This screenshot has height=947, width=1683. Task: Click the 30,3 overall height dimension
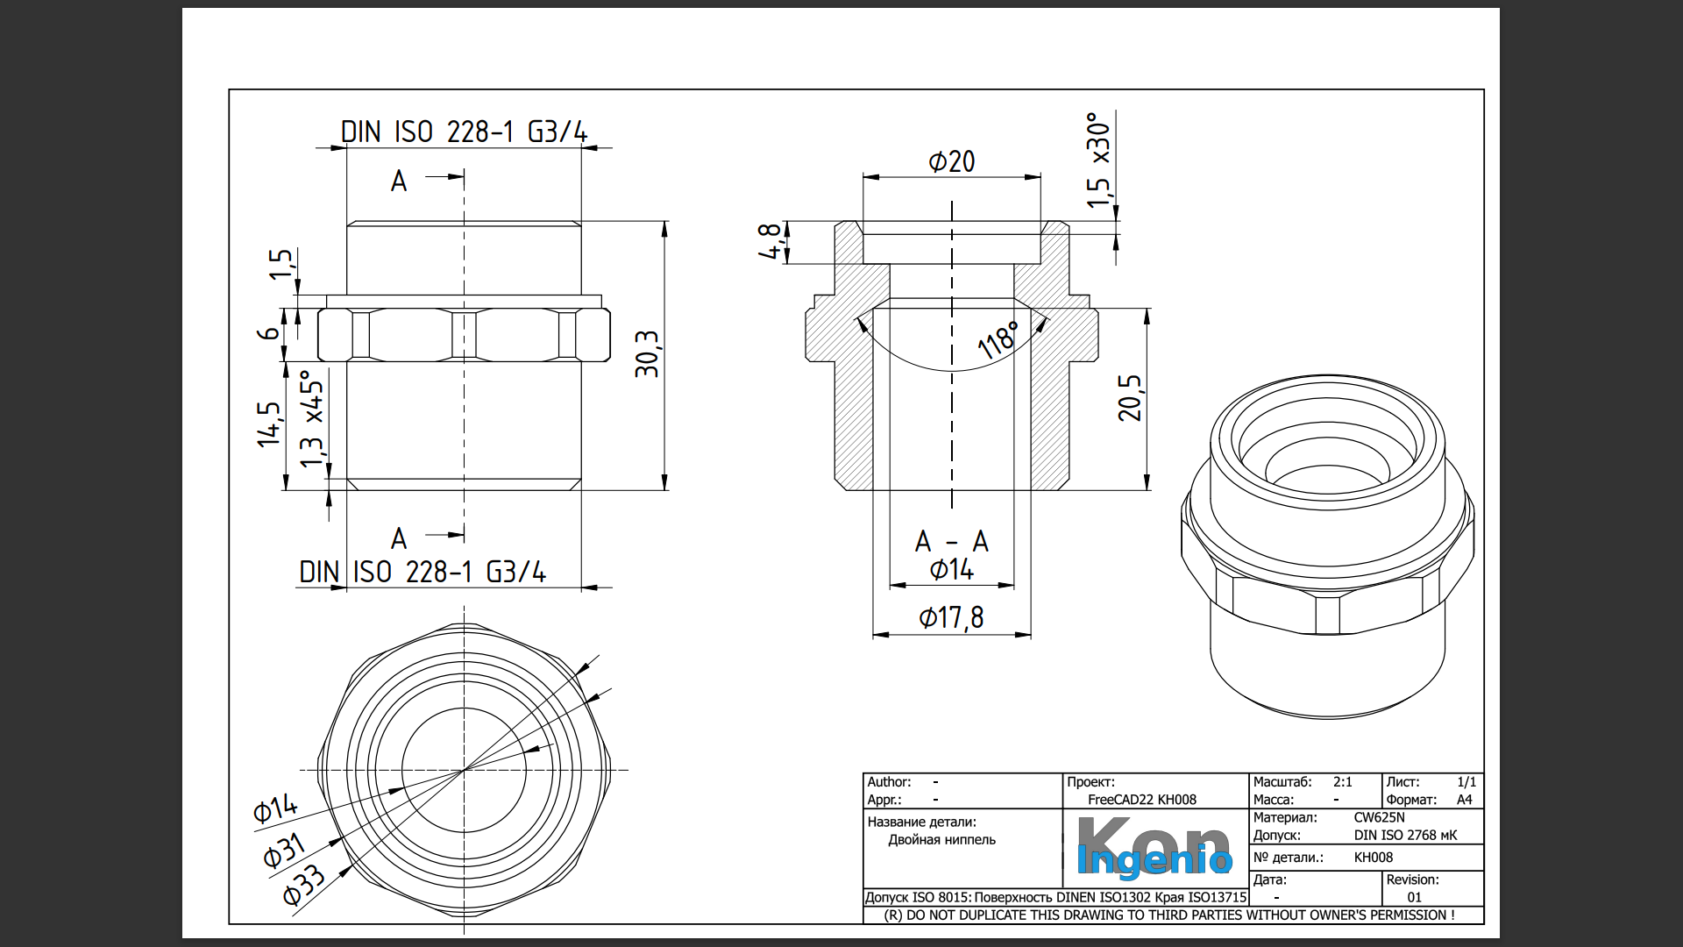(647, 354)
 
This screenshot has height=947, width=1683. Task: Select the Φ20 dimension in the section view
(951, 162)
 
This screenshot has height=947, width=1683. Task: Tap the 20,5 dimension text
(1131, 398)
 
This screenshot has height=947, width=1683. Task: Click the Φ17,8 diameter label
(951, 618)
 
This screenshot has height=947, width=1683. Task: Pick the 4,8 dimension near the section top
(770, 241)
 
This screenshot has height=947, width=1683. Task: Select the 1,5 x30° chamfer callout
(1098, 160)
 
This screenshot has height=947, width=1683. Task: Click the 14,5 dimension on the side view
(268, 424)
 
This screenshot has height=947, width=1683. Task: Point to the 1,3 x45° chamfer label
(311, 419)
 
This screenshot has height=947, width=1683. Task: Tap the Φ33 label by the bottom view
(303, 885)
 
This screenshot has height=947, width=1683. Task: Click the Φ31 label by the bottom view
(284, 850)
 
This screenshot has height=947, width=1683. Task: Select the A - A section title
(951, 542)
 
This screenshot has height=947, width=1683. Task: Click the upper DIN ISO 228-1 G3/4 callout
(464, 132)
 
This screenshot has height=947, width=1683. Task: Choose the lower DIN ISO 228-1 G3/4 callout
(423, 573)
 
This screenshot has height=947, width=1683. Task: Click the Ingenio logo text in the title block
(1154, 860)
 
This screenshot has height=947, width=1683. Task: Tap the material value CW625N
(1379, 817)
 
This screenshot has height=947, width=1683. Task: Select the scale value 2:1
(1342, 782)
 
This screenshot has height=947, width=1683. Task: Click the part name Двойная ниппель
(941, 840)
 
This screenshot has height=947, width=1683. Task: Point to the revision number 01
(1414, 897)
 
